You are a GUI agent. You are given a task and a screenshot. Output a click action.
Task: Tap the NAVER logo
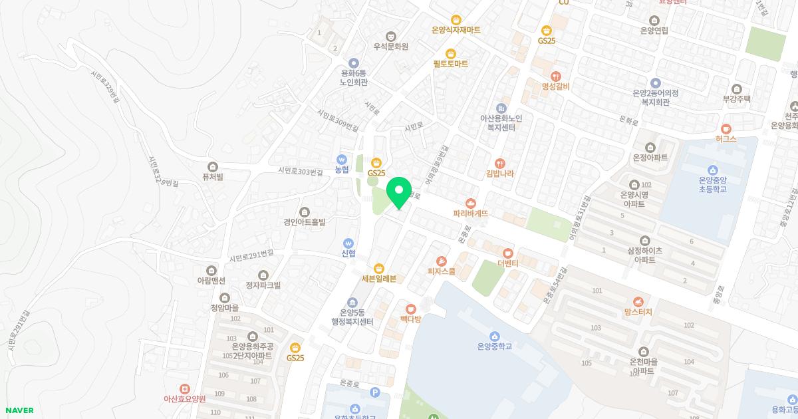pos(19,410)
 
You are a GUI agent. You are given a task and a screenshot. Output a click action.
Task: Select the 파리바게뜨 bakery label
pos(471,213)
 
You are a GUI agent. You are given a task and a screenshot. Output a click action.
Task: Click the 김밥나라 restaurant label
pos(499,174)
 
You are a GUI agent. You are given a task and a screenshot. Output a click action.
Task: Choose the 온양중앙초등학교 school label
pos(713,184)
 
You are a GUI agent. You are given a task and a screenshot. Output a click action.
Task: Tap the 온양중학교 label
pos(494,346)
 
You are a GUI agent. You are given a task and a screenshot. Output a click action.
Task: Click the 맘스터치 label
pos(638,311)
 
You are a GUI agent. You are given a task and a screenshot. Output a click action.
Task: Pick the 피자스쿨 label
pos(442,271)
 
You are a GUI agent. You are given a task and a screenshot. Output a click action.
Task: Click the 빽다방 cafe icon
pos(411,309)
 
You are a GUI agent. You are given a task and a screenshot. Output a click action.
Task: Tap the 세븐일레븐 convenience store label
pos(379,279)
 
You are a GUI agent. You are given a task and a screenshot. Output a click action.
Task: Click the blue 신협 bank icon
pos(348,243)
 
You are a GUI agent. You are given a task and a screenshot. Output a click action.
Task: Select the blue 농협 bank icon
pos(342,160)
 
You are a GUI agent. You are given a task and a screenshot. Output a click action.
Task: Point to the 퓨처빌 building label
pos(212,176)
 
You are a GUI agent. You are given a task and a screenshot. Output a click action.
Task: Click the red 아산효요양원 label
pos(184,398)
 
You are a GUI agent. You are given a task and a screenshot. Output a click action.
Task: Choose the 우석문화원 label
pos(390,47)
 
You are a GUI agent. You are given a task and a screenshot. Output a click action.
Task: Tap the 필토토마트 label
pos(450,63)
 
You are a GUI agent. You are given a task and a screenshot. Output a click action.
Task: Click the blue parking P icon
pos(374,392)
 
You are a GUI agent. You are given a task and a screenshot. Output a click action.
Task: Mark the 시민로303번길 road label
pos(301,172)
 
